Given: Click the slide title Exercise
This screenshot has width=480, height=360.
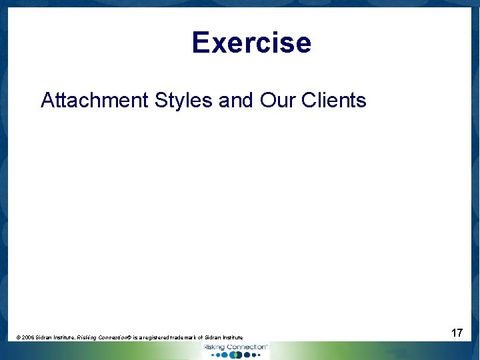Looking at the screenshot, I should pyautogui.click(x=251, y=43).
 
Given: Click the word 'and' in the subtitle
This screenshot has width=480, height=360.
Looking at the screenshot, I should pyautogui.click(x=236, y=101).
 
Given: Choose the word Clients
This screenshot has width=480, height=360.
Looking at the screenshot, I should pyautogui.click(x=334, y=101).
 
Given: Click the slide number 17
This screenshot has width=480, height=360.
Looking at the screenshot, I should pyautogui.click(x=457, y=332).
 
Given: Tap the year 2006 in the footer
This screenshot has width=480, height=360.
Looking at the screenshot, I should pyautogui.click(x=29, y=338).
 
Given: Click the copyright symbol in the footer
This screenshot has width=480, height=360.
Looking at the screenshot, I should pyautogui.click(x=19, y=338).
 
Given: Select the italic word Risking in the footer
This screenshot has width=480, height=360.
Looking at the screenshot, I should pyautogui.click(x=87, y=338).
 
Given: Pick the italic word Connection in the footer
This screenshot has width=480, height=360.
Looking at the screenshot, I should pyautogui.click(x=115, y=338).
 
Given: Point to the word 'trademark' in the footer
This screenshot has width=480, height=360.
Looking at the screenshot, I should pyautogui.click(x=193, y=338).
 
